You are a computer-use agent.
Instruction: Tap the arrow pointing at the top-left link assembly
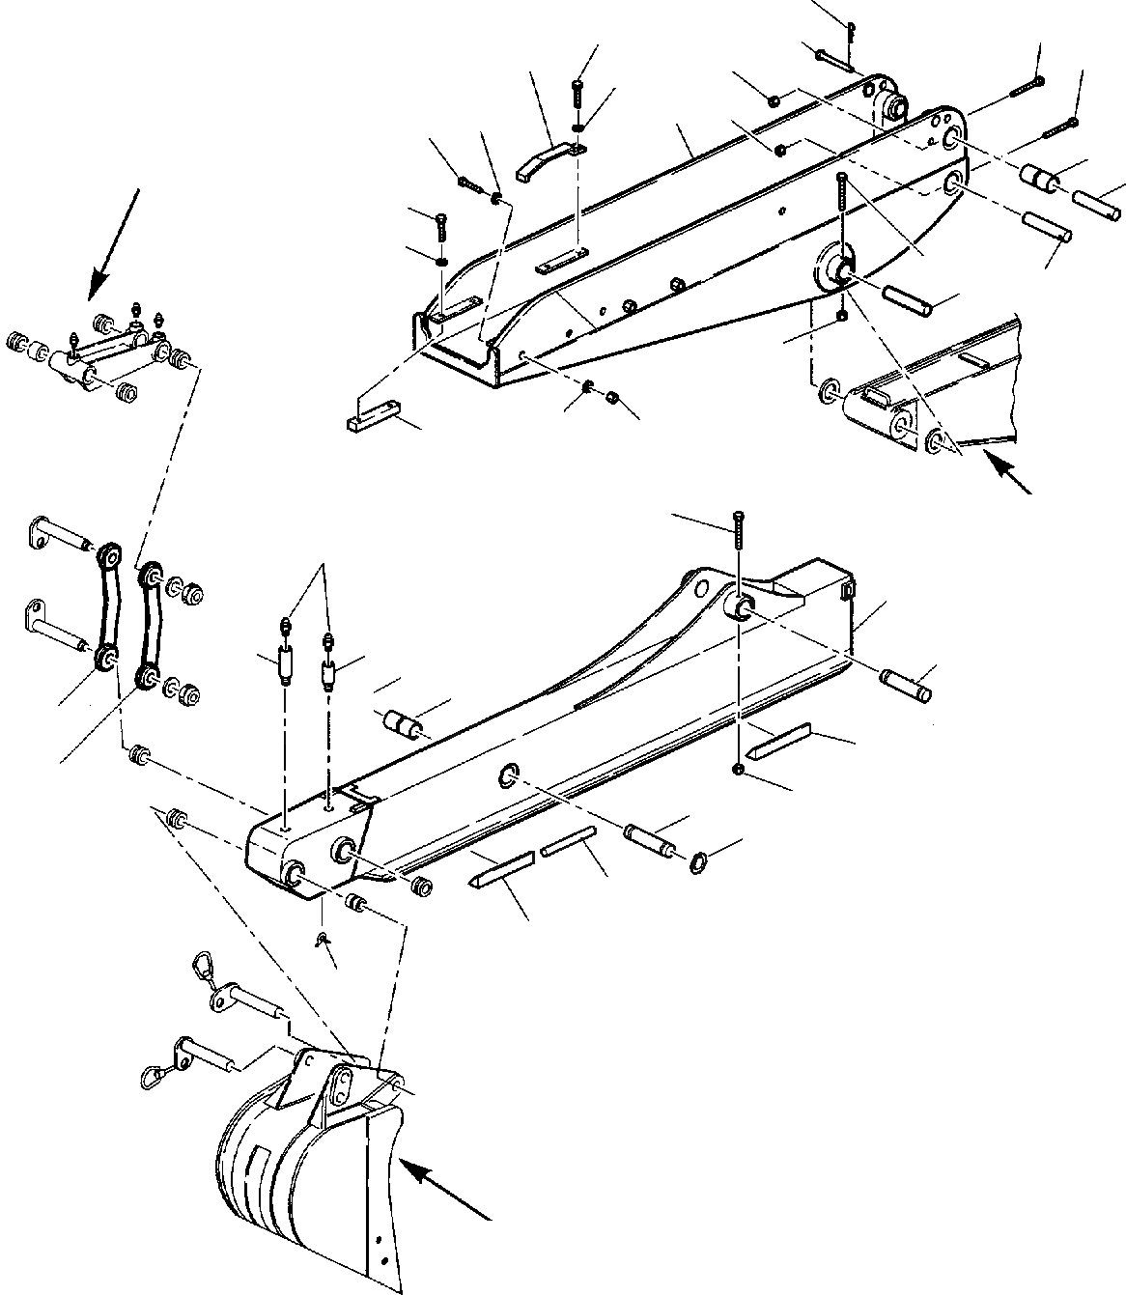[x=114, y=241]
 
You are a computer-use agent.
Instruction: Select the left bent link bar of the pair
[x=105, y=607]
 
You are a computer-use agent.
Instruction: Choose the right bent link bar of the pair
[x=148, y=624]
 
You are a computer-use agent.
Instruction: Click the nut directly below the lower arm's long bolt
[x=738, y=769]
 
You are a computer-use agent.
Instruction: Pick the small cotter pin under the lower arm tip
[x=322, y=939]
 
